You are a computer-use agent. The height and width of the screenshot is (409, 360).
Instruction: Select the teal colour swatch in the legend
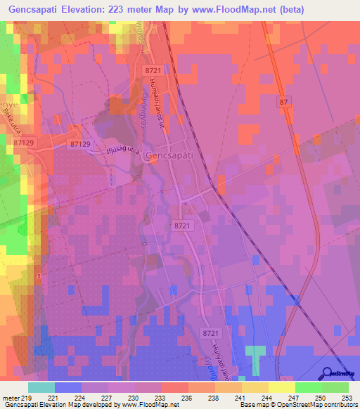41,387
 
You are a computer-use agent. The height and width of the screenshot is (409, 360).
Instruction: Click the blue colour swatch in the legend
67,387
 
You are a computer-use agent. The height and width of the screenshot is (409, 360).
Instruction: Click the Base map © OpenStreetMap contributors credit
298,405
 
